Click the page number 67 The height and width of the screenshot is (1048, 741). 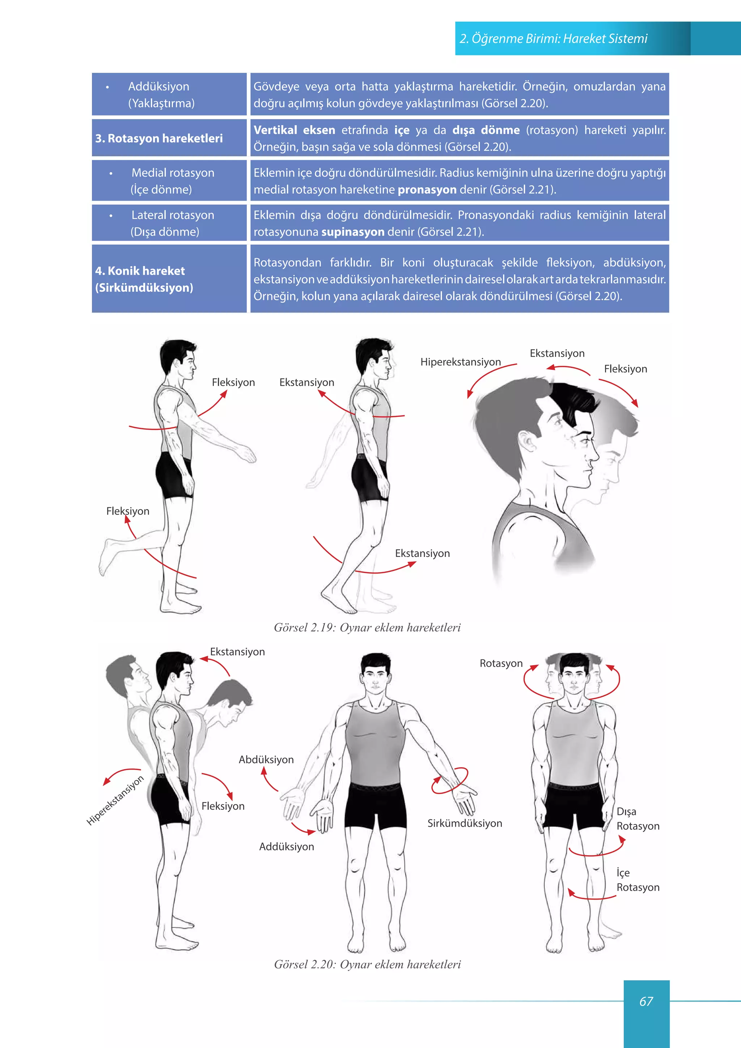646,1001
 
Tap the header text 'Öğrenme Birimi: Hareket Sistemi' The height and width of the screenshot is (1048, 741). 559,39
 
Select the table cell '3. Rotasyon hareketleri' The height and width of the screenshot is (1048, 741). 169,138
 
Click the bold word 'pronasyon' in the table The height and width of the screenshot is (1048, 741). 427,189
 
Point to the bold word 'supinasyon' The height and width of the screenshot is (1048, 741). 353,232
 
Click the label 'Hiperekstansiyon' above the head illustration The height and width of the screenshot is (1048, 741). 460,362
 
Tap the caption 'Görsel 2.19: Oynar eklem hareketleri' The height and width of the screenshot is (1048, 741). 367,627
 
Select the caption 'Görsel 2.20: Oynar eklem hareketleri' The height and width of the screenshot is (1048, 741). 367,964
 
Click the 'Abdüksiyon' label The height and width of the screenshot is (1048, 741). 266,760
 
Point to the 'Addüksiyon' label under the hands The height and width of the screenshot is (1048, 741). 287,847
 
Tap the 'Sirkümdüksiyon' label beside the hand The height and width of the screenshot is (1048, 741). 465,823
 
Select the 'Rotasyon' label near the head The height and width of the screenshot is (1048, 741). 501,663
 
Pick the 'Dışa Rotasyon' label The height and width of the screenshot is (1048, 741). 638,819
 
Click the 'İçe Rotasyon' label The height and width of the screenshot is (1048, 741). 638,880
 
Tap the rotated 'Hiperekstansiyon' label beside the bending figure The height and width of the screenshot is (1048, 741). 115,800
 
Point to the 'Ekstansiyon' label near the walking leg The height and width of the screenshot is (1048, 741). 422,553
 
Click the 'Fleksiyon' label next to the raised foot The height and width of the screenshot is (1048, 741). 128,511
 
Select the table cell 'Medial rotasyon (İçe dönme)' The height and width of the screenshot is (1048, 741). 169,181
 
